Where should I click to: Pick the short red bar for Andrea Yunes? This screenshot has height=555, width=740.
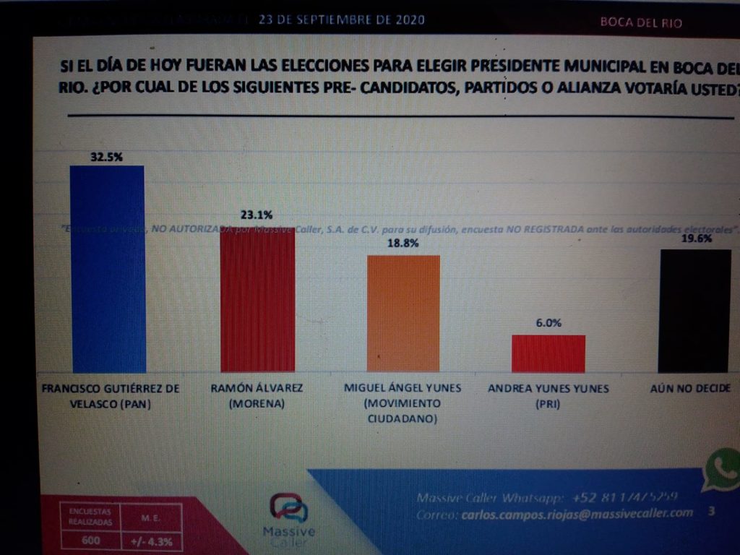548,353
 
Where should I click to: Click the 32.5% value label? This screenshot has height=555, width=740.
106,156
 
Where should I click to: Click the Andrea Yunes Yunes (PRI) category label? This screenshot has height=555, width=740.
548,396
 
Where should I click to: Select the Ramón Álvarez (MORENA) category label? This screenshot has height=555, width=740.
257,396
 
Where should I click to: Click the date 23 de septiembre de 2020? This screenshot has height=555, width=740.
341,20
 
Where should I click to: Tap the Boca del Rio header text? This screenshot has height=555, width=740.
641,22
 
